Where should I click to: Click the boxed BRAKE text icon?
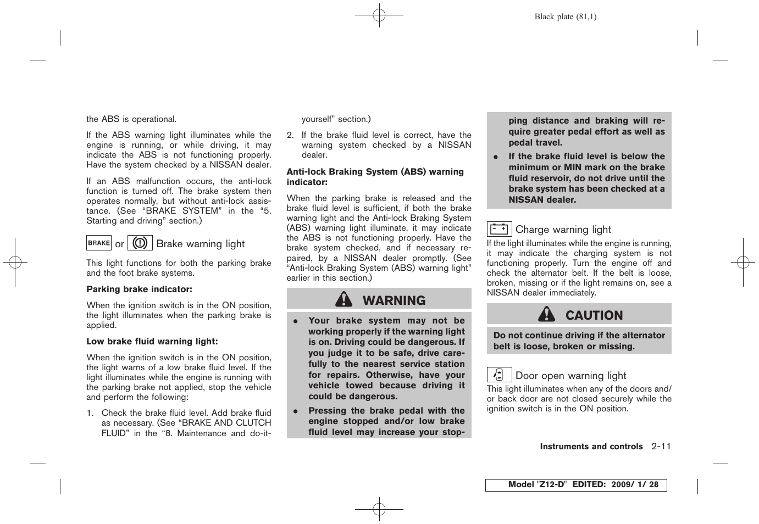[99, 243]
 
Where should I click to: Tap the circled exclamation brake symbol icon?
[140, 243]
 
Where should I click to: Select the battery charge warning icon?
[499, 229]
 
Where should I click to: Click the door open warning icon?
[499, 375]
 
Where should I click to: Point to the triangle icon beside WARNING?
[344, 299]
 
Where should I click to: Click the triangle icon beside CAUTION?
[546, 314]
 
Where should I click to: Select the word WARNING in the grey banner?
[394, 300]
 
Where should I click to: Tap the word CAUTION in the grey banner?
[594, 315]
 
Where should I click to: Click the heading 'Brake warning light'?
[201, 244]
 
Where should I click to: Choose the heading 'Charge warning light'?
[563, 230]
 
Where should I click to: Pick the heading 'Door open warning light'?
[570, 376]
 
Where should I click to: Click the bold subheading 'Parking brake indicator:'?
[139, 289]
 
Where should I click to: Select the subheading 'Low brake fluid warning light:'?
[152, 342]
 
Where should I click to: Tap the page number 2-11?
[661, 447]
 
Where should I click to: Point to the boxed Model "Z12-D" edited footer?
[576, 484]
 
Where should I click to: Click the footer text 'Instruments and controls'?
[591, 447]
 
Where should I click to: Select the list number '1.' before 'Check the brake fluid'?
[90, 413]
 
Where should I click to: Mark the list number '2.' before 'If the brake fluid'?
[290, 135]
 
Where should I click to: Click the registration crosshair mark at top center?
[379, 16]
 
